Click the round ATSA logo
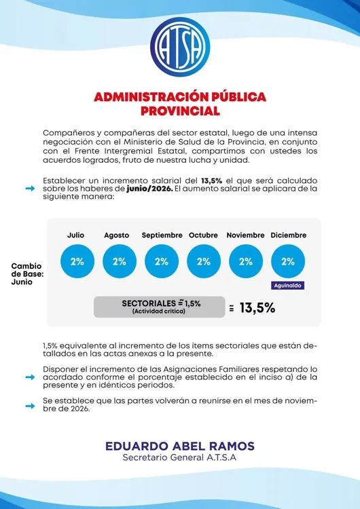pyautogui.click(x=180, y=47)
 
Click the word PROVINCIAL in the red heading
pyautogui.click(x=180, y=111)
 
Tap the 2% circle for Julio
pyautogui.click(x=77, y=261)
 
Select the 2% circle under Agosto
pyautogui.click(x=120, y=261)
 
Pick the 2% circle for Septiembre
pyautogui.click(x=162, y=261)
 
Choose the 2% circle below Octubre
pyautogui.click(x=204, y=261)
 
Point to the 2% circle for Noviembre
pyautogui.click(x=246, y=261)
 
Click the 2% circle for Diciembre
pyautogui.click(x=288, y=261)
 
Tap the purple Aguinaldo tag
pyautogui.click(x=288, y=286)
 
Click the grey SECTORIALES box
pyautogui.click(x=159, y=307)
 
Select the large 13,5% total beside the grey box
pyautogui.click(x=257, y=308)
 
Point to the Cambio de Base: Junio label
pyautogui.click(x=26, y=274)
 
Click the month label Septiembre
pyautogui.click(x=162, y=235)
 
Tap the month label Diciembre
pyautogui.click(x=289, y=235)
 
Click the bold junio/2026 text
pyautogui.click(x=149, y=189)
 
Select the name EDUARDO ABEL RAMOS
pyautogui.click(x=180, y=446)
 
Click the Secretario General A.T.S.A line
pyautogui.click(x=179, y=457)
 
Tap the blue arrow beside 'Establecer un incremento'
pyautogui.click(x=30, y=189)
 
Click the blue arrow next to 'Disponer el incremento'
pyautogui.click(x=30, y=377)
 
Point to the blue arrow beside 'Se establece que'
pyautogui.click(x=30, y=406)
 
